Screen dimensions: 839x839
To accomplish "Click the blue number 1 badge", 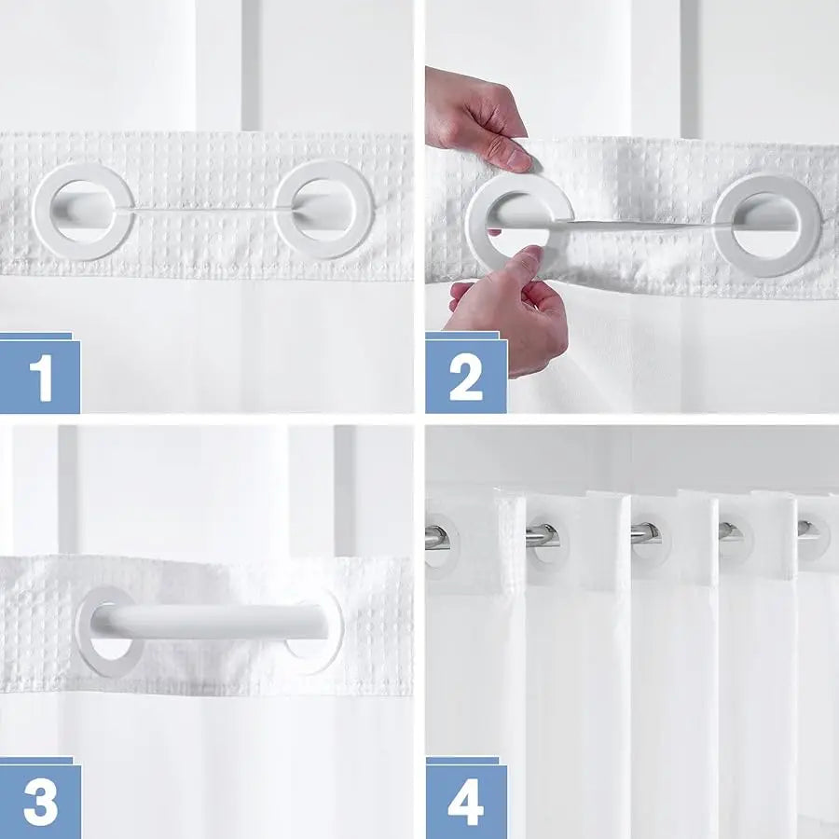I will [39, 376].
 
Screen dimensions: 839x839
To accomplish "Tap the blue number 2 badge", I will [465, 376].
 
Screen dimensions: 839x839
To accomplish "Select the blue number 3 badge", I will [39, 801].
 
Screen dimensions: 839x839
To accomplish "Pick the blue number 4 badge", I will [465, 801].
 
